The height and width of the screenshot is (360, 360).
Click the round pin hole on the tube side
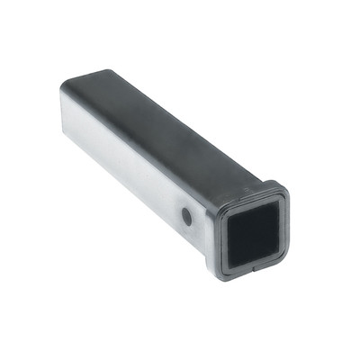pos(186,216)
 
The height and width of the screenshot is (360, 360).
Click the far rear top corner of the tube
pos(65,84)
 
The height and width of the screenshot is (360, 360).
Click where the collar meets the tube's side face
pos(214,229)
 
